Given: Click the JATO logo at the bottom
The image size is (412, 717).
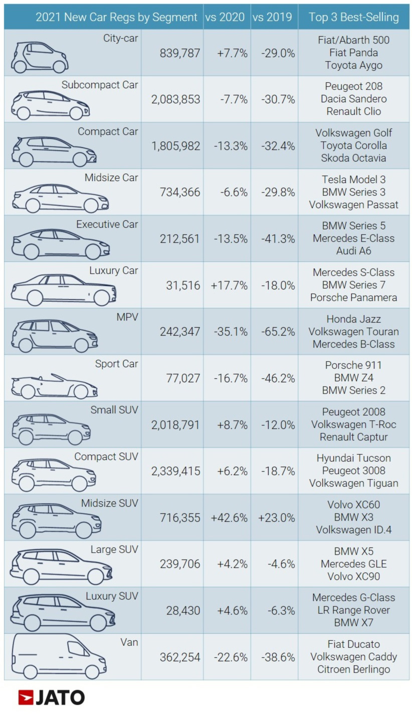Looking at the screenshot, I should click(x=51, y=697).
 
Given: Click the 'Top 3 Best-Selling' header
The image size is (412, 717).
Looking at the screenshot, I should click(x=353, y=17).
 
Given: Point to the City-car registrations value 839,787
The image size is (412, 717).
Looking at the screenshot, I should click(x=180, y=53).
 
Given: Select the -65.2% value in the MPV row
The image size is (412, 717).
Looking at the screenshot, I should click(x=278, y=332).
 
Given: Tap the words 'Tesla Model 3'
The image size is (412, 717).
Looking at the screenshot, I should click(x=353, y=180).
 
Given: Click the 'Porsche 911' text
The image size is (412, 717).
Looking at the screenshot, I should click(x=353, y=365).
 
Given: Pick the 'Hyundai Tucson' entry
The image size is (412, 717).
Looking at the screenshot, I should click(x=353, y=458).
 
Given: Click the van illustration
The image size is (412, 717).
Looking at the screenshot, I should click(x=59, y=656).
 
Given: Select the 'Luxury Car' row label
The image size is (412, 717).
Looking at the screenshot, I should click(x=113, y=271).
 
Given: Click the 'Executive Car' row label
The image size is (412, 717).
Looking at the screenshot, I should click(x=107, y=224).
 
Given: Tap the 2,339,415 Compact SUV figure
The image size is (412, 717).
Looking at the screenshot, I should click(x=175, y=471).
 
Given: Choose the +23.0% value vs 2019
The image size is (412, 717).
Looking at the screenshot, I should click(x=276, y=518).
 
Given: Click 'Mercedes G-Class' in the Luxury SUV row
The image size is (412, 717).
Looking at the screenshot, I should click(x=353, y=598).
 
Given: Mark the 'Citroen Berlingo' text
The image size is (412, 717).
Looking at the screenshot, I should click(x=353, y=669).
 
